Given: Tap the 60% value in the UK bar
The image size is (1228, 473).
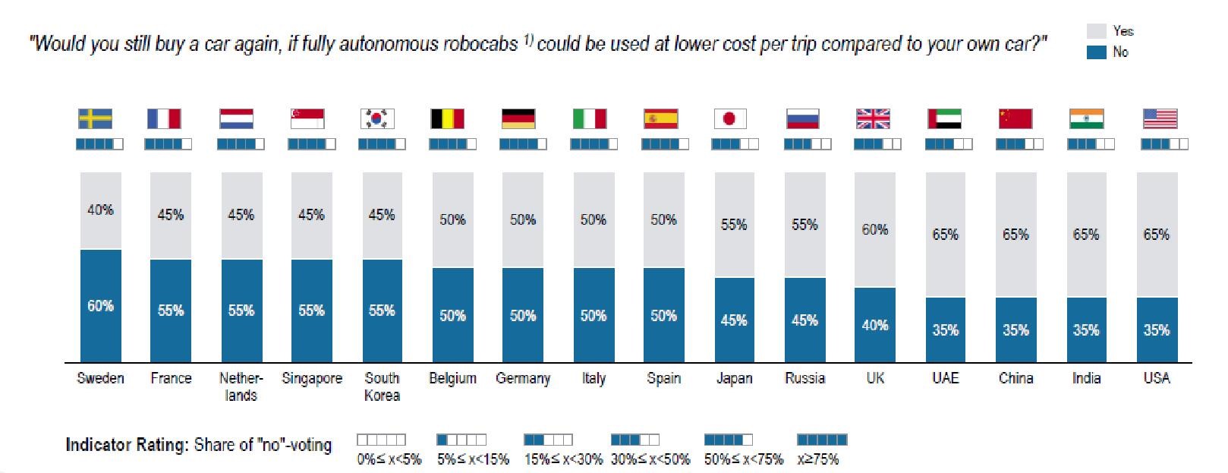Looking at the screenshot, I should click(x=874, y=229).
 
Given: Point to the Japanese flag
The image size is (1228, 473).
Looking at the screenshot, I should click(x=730, y=119).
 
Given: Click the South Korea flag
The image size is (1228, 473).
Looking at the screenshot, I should click(x=377, y=119).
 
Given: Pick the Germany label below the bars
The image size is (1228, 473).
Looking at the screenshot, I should click(x=522, y=378).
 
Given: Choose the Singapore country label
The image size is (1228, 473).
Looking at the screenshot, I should click(x=311, y=378).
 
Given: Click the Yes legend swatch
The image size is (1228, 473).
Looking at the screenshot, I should click(x=1096, y=31).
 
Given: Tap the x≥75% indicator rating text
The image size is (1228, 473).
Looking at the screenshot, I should click(x=818, y=459).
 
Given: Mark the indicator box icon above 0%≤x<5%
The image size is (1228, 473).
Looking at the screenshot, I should click(x=381, y=440).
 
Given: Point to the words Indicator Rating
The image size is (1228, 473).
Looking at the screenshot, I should click(x=126, y=445).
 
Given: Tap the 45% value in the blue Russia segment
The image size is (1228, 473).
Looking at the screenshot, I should click(x=804, y=320).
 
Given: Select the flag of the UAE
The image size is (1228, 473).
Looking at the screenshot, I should click(x=944, y=119).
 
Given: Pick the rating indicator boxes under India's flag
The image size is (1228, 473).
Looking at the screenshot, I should click(x=1091, y=143).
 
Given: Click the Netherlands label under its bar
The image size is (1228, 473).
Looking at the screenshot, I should click(x=241, y=386).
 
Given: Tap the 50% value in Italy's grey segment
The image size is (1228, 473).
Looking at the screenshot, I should click(x=593, y=219).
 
